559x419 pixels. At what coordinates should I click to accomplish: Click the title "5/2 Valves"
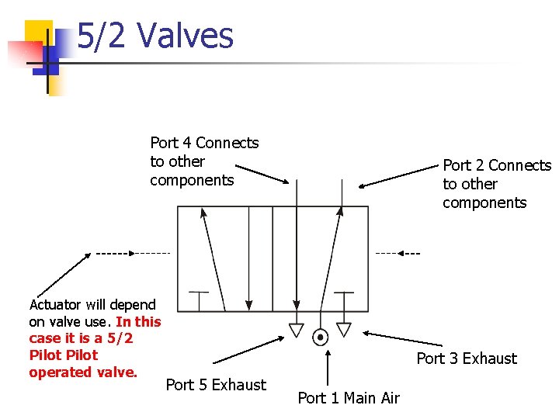coord(155,36)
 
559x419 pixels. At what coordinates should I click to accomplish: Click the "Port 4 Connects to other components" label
coord(203,161)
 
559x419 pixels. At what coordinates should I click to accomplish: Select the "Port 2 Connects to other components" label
coord(496,184)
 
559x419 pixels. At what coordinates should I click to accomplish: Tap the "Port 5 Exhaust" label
coord(216,385)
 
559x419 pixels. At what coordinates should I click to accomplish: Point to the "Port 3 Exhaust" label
coord(466,358)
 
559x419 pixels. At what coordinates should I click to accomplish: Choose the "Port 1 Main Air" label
coord(349,398)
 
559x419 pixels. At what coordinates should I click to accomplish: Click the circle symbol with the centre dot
coord(320,337)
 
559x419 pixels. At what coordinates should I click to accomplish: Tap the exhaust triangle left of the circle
coord(296,330)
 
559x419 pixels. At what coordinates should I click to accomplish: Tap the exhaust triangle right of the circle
coord(343,330)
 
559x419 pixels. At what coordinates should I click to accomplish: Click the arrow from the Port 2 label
coord(399,176)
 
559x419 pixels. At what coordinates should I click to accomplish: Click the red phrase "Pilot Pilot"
coord(64,355)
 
